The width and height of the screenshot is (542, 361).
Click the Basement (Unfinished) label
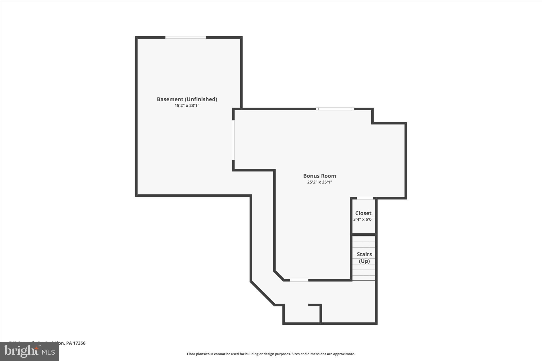point(187,99)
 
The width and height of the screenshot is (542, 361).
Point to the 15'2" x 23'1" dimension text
point(187,106)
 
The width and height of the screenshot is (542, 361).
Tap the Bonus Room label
point(319,176)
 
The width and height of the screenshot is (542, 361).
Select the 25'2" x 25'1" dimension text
point(319,182)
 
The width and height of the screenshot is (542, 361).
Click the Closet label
point(363,213)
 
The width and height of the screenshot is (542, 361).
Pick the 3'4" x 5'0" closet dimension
point(363,219)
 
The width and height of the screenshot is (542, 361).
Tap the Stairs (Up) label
point(364,258)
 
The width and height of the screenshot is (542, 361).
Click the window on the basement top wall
point(186,38)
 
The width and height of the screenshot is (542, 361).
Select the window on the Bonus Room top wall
point(335,109)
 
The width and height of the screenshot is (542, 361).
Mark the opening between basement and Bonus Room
point(233,140)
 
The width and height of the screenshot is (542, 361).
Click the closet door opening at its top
point(365,198)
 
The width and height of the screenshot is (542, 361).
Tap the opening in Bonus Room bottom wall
point(299,280)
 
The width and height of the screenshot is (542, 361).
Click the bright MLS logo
point(29,351)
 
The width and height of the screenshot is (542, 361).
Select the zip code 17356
point(79,343)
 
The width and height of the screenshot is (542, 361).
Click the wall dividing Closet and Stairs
point(364,234)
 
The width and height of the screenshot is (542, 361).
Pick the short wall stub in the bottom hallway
point(315,305)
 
